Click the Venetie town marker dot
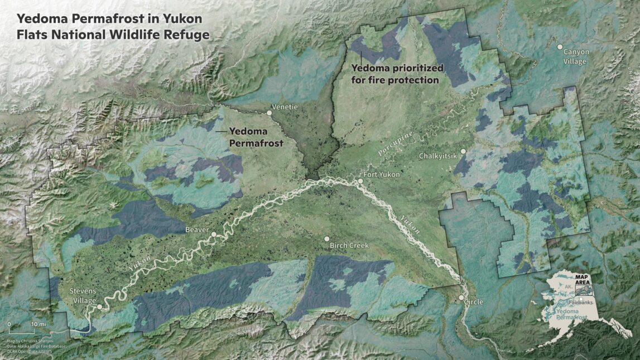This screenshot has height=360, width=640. (269, 113)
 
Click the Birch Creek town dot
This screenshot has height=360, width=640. (326, 239)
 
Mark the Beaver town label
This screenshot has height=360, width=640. (197, 229)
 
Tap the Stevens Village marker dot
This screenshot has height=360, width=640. (99, 306)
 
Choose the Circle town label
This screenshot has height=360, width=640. (473, 302)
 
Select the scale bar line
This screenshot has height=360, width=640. (21, 329)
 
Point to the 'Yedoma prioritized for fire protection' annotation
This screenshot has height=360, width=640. (397, 74)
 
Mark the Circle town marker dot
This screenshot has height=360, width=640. (461, 298)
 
